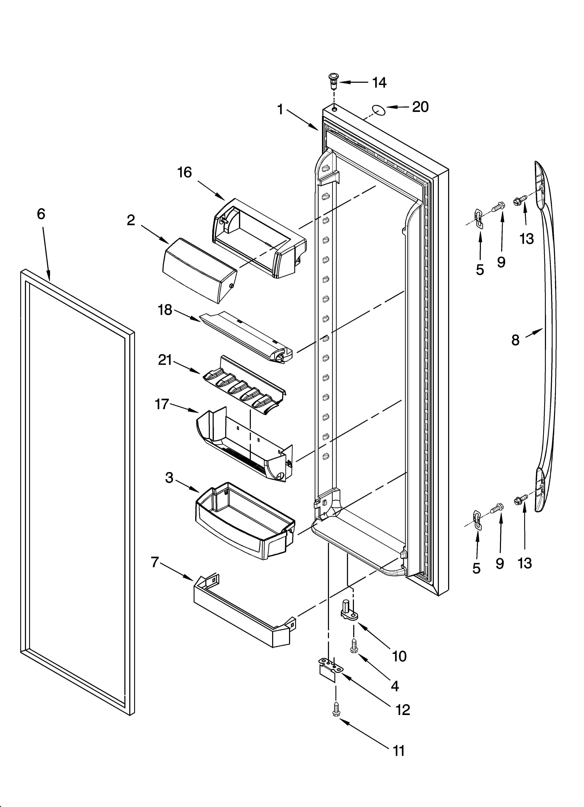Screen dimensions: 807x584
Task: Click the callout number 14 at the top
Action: coord(379,83)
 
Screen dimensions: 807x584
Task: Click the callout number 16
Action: coord(185,173)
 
